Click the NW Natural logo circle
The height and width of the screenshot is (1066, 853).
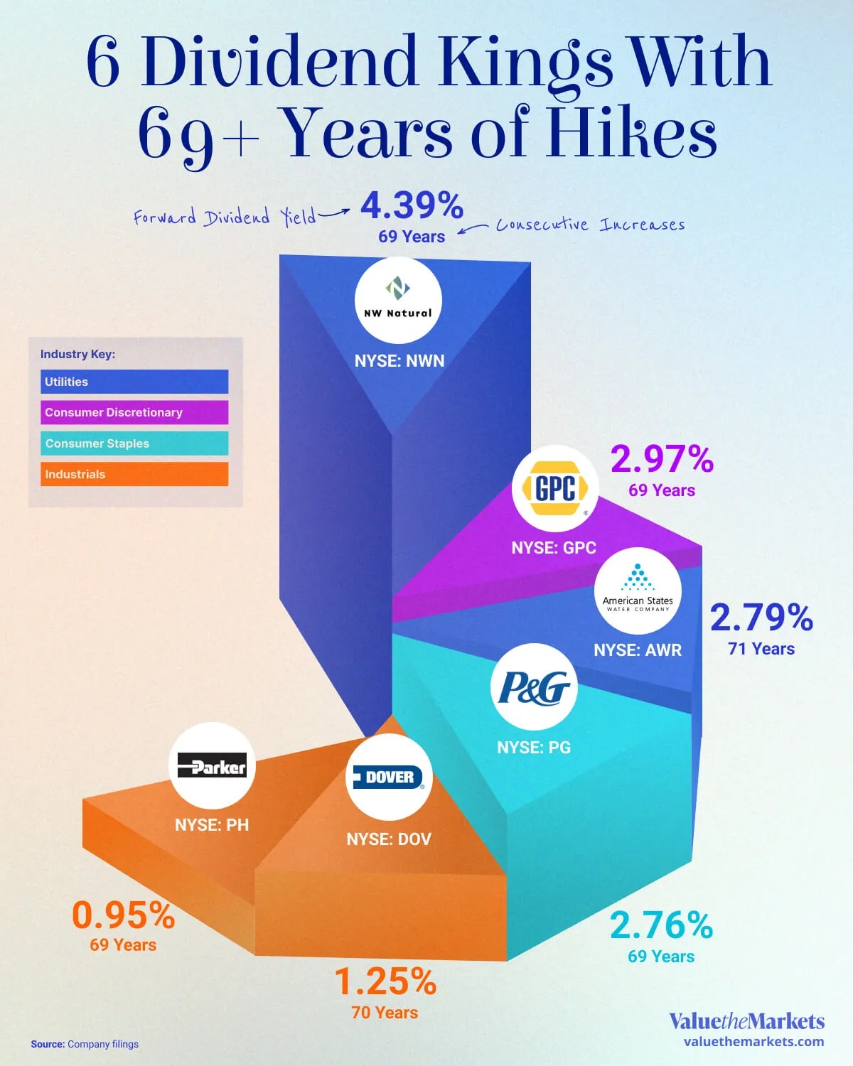tap(398, 301)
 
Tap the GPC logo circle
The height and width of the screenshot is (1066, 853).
tap(555, 488)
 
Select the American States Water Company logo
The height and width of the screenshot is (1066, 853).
tap(638, 591)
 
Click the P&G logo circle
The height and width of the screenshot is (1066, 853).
tap(534, 687)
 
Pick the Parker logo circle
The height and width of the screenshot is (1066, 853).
tap(212, 766)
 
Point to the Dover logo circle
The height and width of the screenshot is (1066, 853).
tap(389, 777)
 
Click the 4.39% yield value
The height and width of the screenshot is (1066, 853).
tap(412, 206)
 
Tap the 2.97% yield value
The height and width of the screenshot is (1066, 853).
tap(662, 459)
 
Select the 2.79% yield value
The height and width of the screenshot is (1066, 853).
tap(761, 618)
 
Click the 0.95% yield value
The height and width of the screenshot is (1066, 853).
tap(123, 915)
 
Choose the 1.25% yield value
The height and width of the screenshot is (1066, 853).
tap(385, 982)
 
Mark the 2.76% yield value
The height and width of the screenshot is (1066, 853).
tap(661, 925)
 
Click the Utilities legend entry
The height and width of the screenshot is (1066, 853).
tap(134, 382)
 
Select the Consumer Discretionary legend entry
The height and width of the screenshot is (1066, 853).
tap(134, 412)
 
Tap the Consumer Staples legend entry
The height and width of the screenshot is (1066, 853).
tap(134, 443)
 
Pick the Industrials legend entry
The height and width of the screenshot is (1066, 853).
tap(134, 474)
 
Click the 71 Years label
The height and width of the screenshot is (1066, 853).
tap(761, 649)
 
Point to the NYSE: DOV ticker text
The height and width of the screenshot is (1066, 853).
tap(389, 839)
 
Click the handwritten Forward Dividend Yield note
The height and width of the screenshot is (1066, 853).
tap(225, 217)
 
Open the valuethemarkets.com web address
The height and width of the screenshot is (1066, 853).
tap(753, 1042)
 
